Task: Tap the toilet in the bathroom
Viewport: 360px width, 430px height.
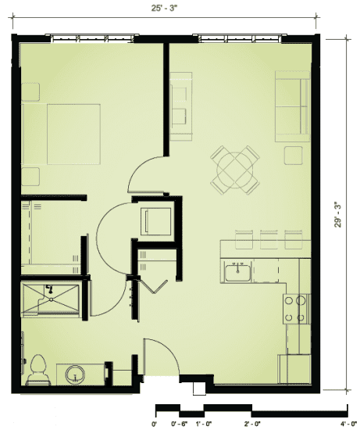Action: tap(37, 371)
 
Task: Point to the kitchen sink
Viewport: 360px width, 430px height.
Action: tap(237, 273)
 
